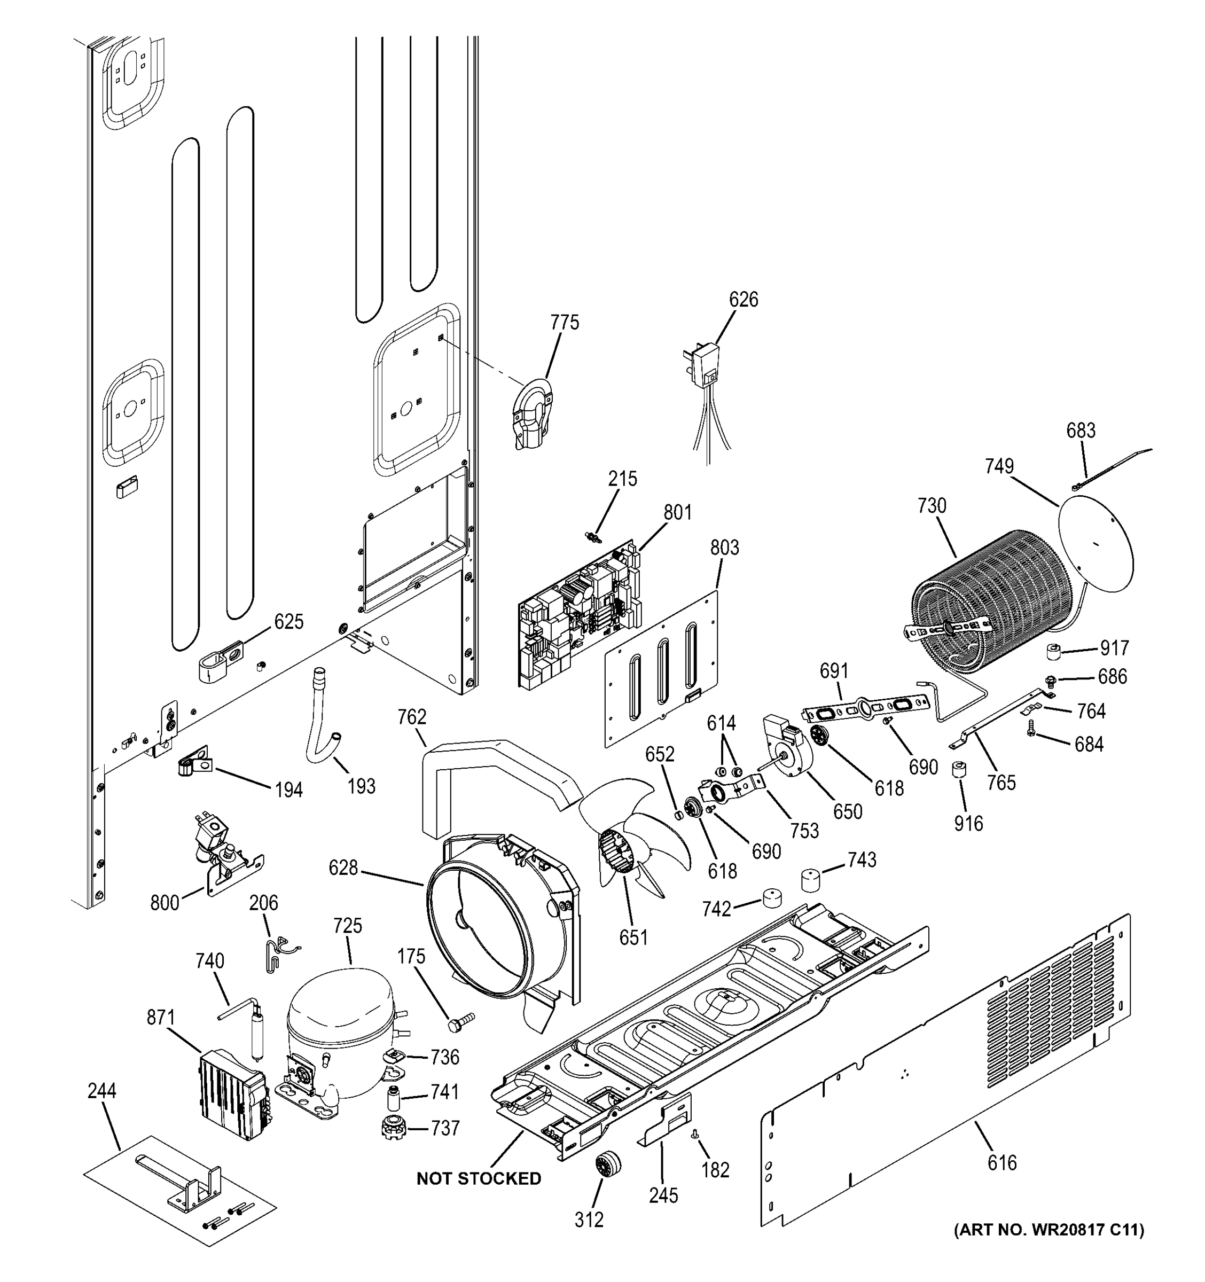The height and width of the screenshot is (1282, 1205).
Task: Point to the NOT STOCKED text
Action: point(479,1178)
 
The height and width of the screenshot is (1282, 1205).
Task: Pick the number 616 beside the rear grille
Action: point(1001,1163)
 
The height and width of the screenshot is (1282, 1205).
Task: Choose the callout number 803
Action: point(724,548)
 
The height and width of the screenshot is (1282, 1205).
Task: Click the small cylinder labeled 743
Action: point(813,880)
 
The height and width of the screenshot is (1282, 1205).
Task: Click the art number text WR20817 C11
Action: point(1049,1230)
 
